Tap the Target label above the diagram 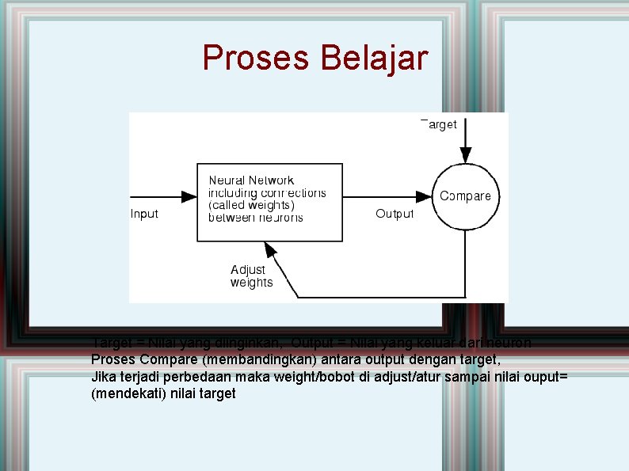coord(439,124)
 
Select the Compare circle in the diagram coord(465,196)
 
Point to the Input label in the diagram coord(144,214)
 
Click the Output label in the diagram coord(394,214)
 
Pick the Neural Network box coord(269,201)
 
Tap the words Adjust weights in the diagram coord(251,276)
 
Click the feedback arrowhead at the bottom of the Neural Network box coord(271,249)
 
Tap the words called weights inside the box coord(251,205)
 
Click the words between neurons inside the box coord(255,217)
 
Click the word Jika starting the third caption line coord(103,376)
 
